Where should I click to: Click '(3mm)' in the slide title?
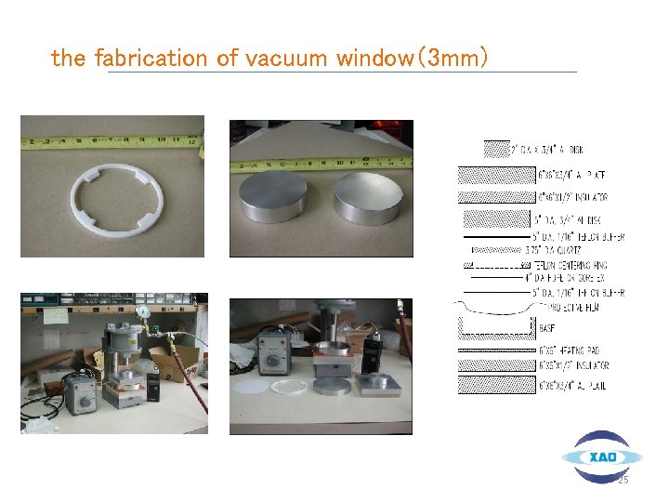click(454, 59)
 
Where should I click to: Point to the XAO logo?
click(601, 456)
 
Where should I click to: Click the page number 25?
click(623, 480)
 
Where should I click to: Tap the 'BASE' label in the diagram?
click(547, 327)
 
